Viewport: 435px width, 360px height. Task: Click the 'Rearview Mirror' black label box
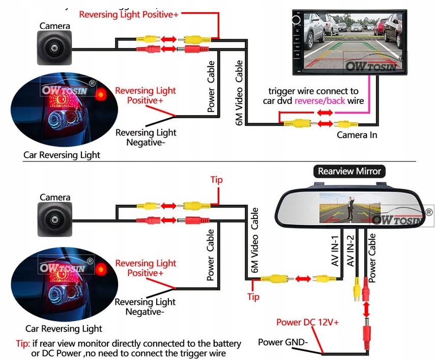tap(349, 171)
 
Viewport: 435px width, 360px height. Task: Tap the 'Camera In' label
tap(357, 135)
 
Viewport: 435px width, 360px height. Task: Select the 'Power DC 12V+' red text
tap(307, 322)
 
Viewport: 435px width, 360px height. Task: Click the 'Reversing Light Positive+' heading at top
tap(129, 15)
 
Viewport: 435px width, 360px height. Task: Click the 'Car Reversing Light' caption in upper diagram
tap(62, 155)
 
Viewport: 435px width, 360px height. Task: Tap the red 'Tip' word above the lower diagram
tap(217, 180)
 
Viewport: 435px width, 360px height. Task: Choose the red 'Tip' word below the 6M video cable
tap(253, 296)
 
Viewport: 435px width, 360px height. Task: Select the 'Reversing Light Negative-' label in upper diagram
tap(146, 137)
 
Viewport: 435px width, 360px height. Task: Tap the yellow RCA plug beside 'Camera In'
tap(346, 124)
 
